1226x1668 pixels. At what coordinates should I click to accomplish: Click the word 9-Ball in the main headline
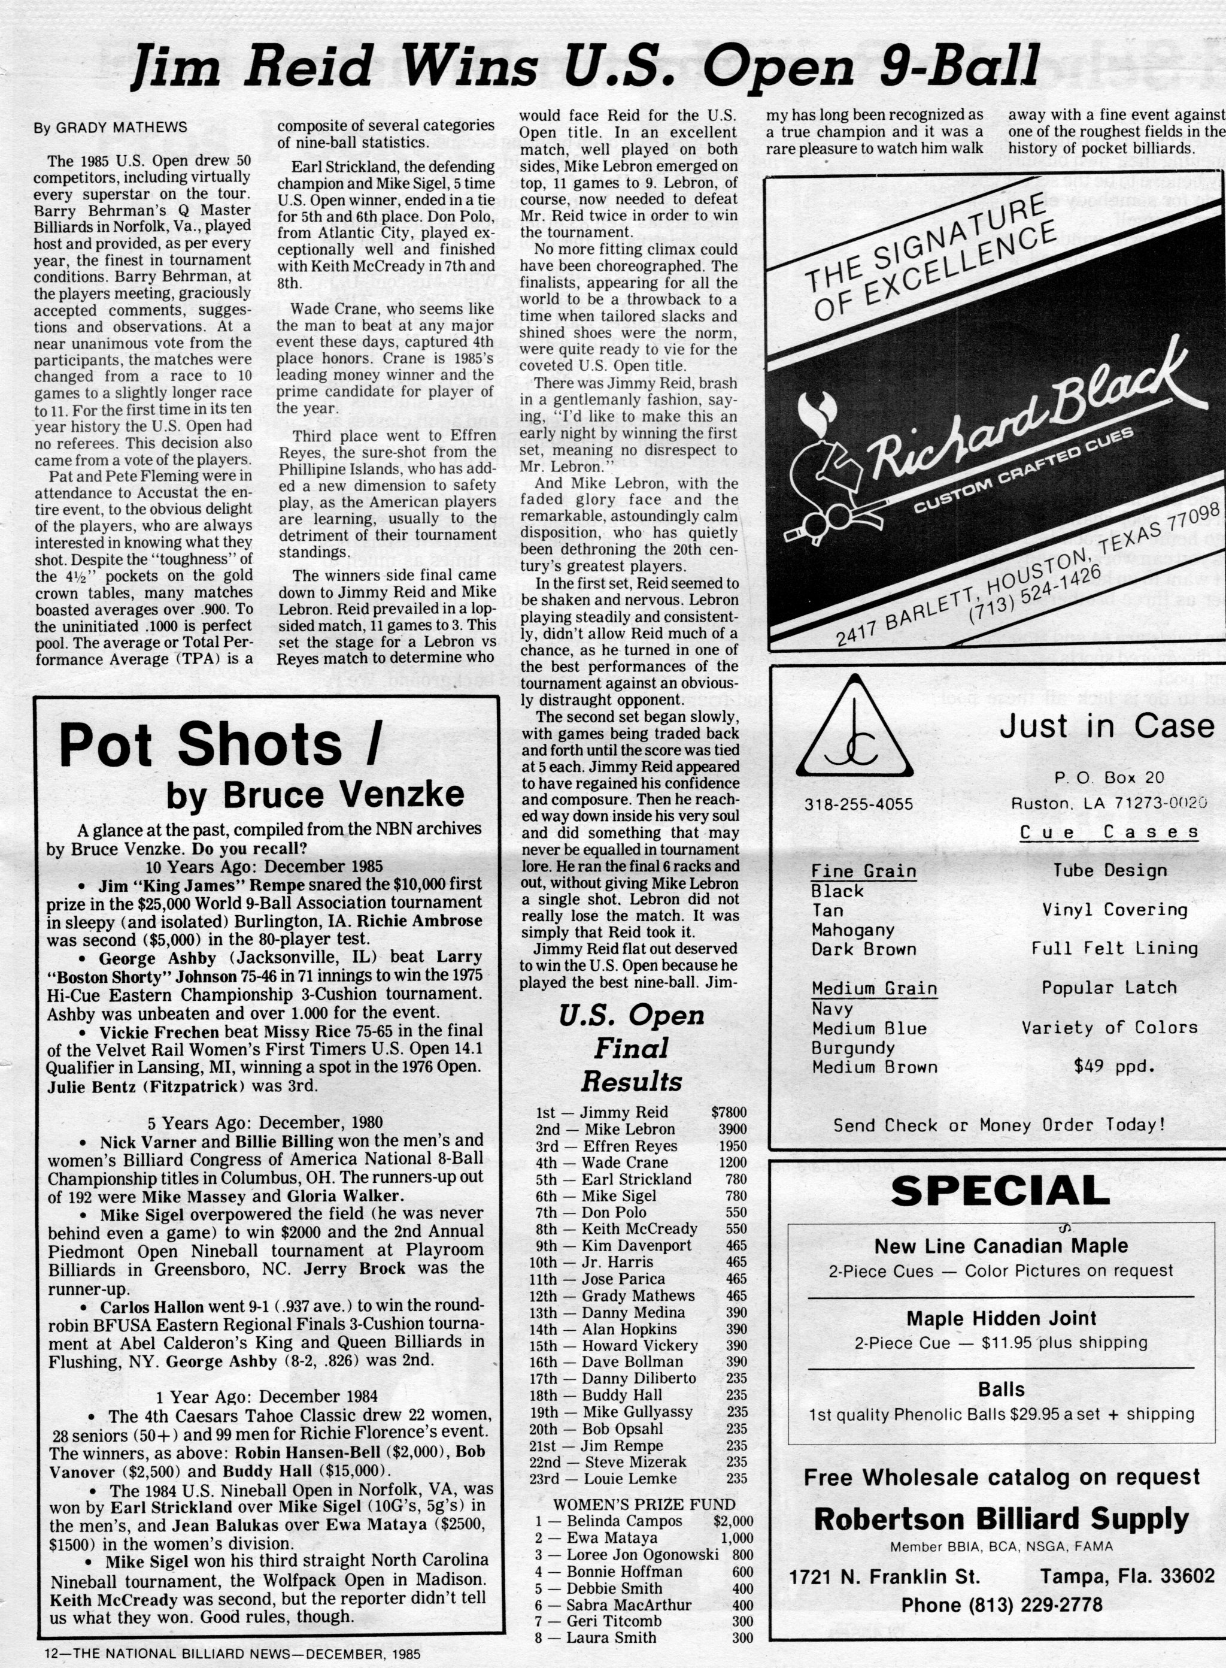(959, 65)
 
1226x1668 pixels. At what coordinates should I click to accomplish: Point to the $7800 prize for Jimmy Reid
(728, 1113)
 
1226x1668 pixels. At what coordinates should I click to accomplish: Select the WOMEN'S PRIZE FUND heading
(644, 1504)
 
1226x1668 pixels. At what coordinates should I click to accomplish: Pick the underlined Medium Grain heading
(873, 989)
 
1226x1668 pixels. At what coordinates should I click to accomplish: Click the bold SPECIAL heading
(1000, 1191)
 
